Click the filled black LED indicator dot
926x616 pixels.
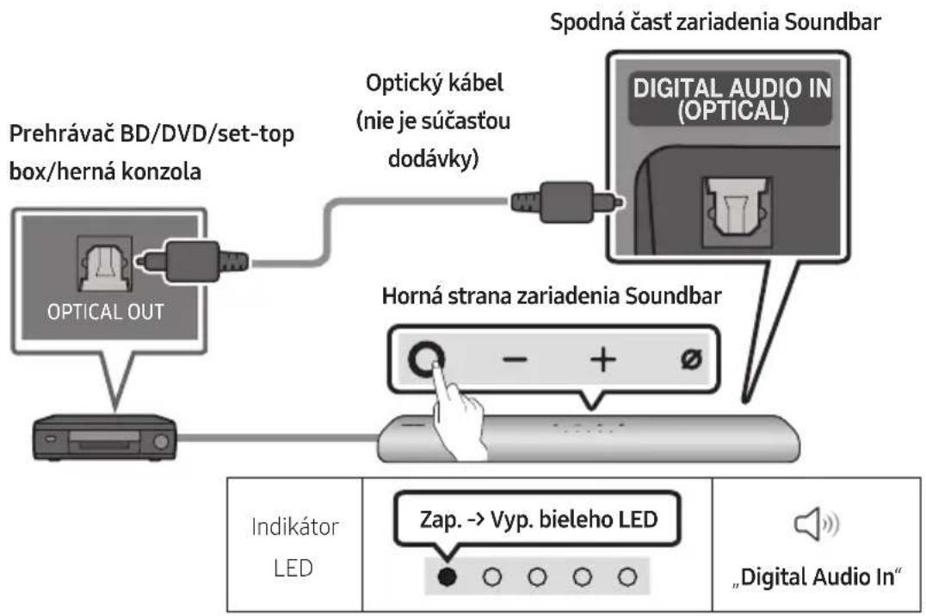447,576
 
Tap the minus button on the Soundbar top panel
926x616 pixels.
515,359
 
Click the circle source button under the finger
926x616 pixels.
426,358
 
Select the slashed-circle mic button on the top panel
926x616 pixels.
691,358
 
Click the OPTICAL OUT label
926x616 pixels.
106,312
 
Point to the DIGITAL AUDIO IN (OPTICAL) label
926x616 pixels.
732,99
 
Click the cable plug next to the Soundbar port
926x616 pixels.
565,202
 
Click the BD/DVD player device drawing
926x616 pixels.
104,438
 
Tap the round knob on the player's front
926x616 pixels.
160,442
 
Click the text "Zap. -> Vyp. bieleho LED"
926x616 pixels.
539,520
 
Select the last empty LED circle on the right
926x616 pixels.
627,576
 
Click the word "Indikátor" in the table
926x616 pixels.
294,526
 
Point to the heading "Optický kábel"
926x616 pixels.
435,83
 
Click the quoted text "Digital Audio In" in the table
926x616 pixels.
818,577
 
